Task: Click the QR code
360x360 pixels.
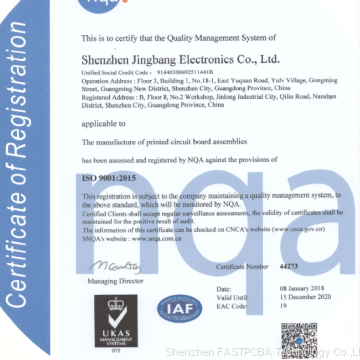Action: (x=298, y=337)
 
